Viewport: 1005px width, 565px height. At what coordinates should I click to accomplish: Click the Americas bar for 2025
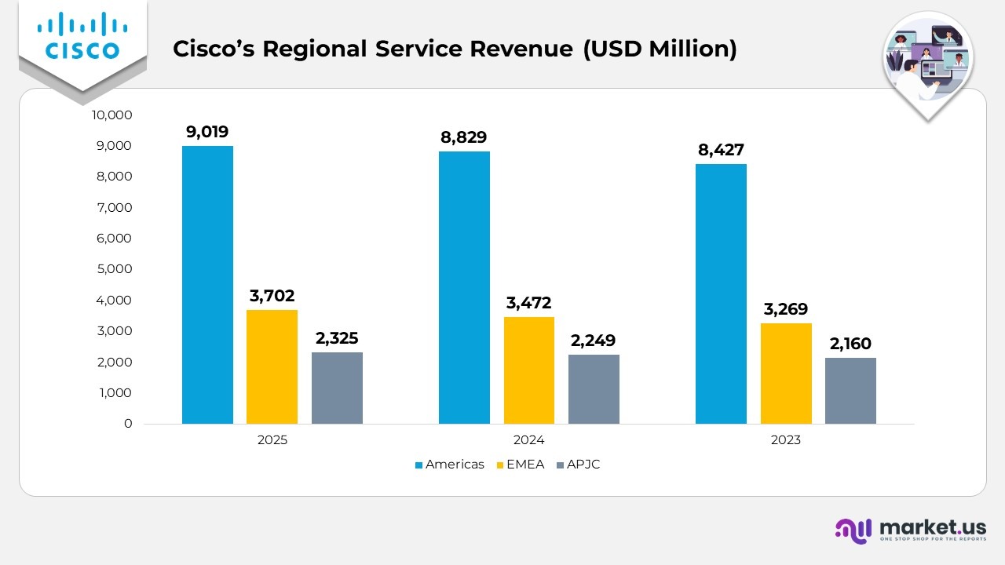pyautogui.click(x=207, y=285)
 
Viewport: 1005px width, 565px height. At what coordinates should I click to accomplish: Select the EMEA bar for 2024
pyautogui.click(x=529, y=370)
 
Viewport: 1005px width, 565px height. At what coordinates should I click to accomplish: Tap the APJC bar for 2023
pyautogui.click(x=850, y=391)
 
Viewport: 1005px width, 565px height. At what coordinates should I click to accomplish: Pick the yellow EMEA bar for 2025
pyautogui.click(x=272, y=366)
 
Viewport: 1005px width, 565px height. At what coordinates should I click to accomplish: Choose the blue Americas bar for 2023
pyautogui.click(x=721, y=294)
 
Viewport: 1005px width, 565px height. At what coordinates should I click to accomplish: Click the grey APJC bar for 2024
pyautogui.click(x=594, y=389)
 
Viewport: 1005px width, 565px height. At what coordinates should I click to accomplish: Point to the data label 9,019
pyautogui.click(x=207, y=132)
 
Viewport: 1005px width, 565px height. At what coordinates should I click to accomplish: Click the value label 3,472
pyautogui.click(x=529, y=303)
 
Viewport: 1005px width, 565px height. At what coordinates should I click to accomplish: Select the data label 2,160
pyautogui.click(x=850, y=344)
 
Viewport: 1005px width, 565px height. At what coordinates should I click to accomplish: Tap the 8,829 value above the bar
pyautogui.click(x=464, y=137)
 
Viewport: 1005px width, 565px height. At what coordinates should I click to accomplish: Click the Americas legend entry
pyautogui.click(x=449, y=465)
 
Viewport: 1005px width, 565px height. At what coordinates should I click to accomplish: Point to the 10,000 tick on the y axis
pyautogui.click(x=112, y=115)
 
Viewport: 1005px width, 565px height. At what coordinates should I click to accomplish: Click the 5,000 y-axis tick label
pyautogui.click(x=115, y=269)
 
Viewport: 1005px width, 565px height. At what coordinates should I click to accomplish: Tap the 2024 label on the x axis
pyautogui.click(x=529, y=440)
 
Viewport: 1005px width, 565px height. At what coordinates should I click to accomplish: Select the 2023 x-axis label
pyautogui.click(x=785, y=440)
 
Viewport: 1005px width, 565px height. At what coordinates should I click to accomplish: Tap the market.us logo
pyautogui.click(x=911, y=530)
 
